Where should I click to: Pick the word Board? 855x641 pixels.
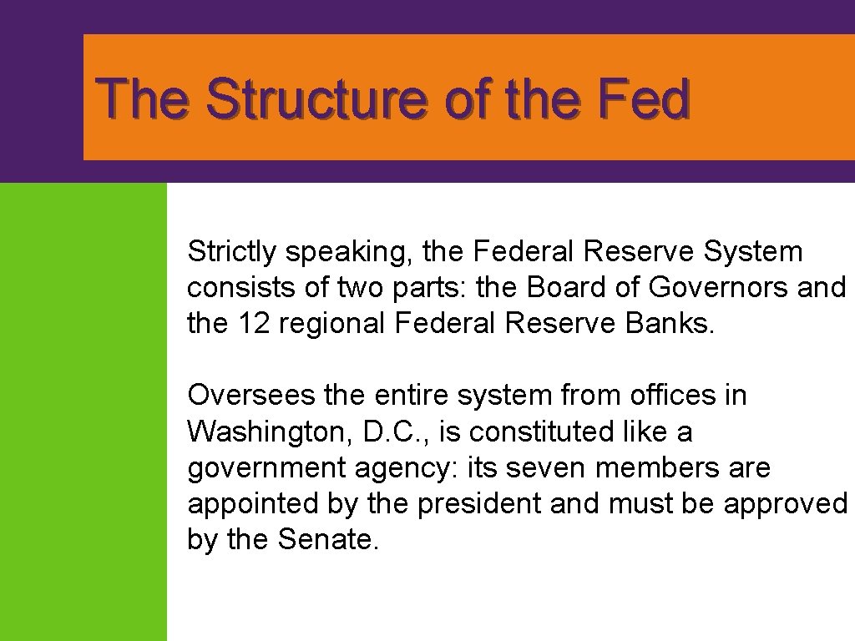(570, 287)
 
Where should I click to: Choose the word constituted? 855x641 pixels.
(541, 432)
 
